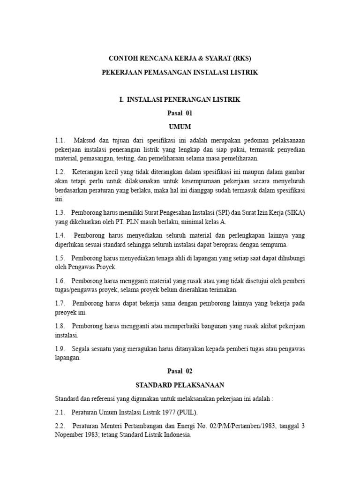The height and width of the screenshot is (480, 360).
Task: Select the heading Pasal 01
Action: (180, 113)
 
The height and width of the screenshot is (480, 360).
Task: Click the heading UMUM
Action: (180, 127)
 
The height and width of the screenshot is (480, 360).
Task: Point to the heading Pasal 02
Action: (180, 371)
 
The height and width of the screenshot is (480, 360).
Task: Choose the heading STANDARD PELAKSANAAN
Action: (180, 385)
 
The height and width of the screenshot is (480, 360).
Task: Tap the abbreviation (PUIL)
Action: (187, 412)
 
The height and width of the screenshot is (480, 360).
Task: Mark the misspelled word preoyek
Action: (67, 312)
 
